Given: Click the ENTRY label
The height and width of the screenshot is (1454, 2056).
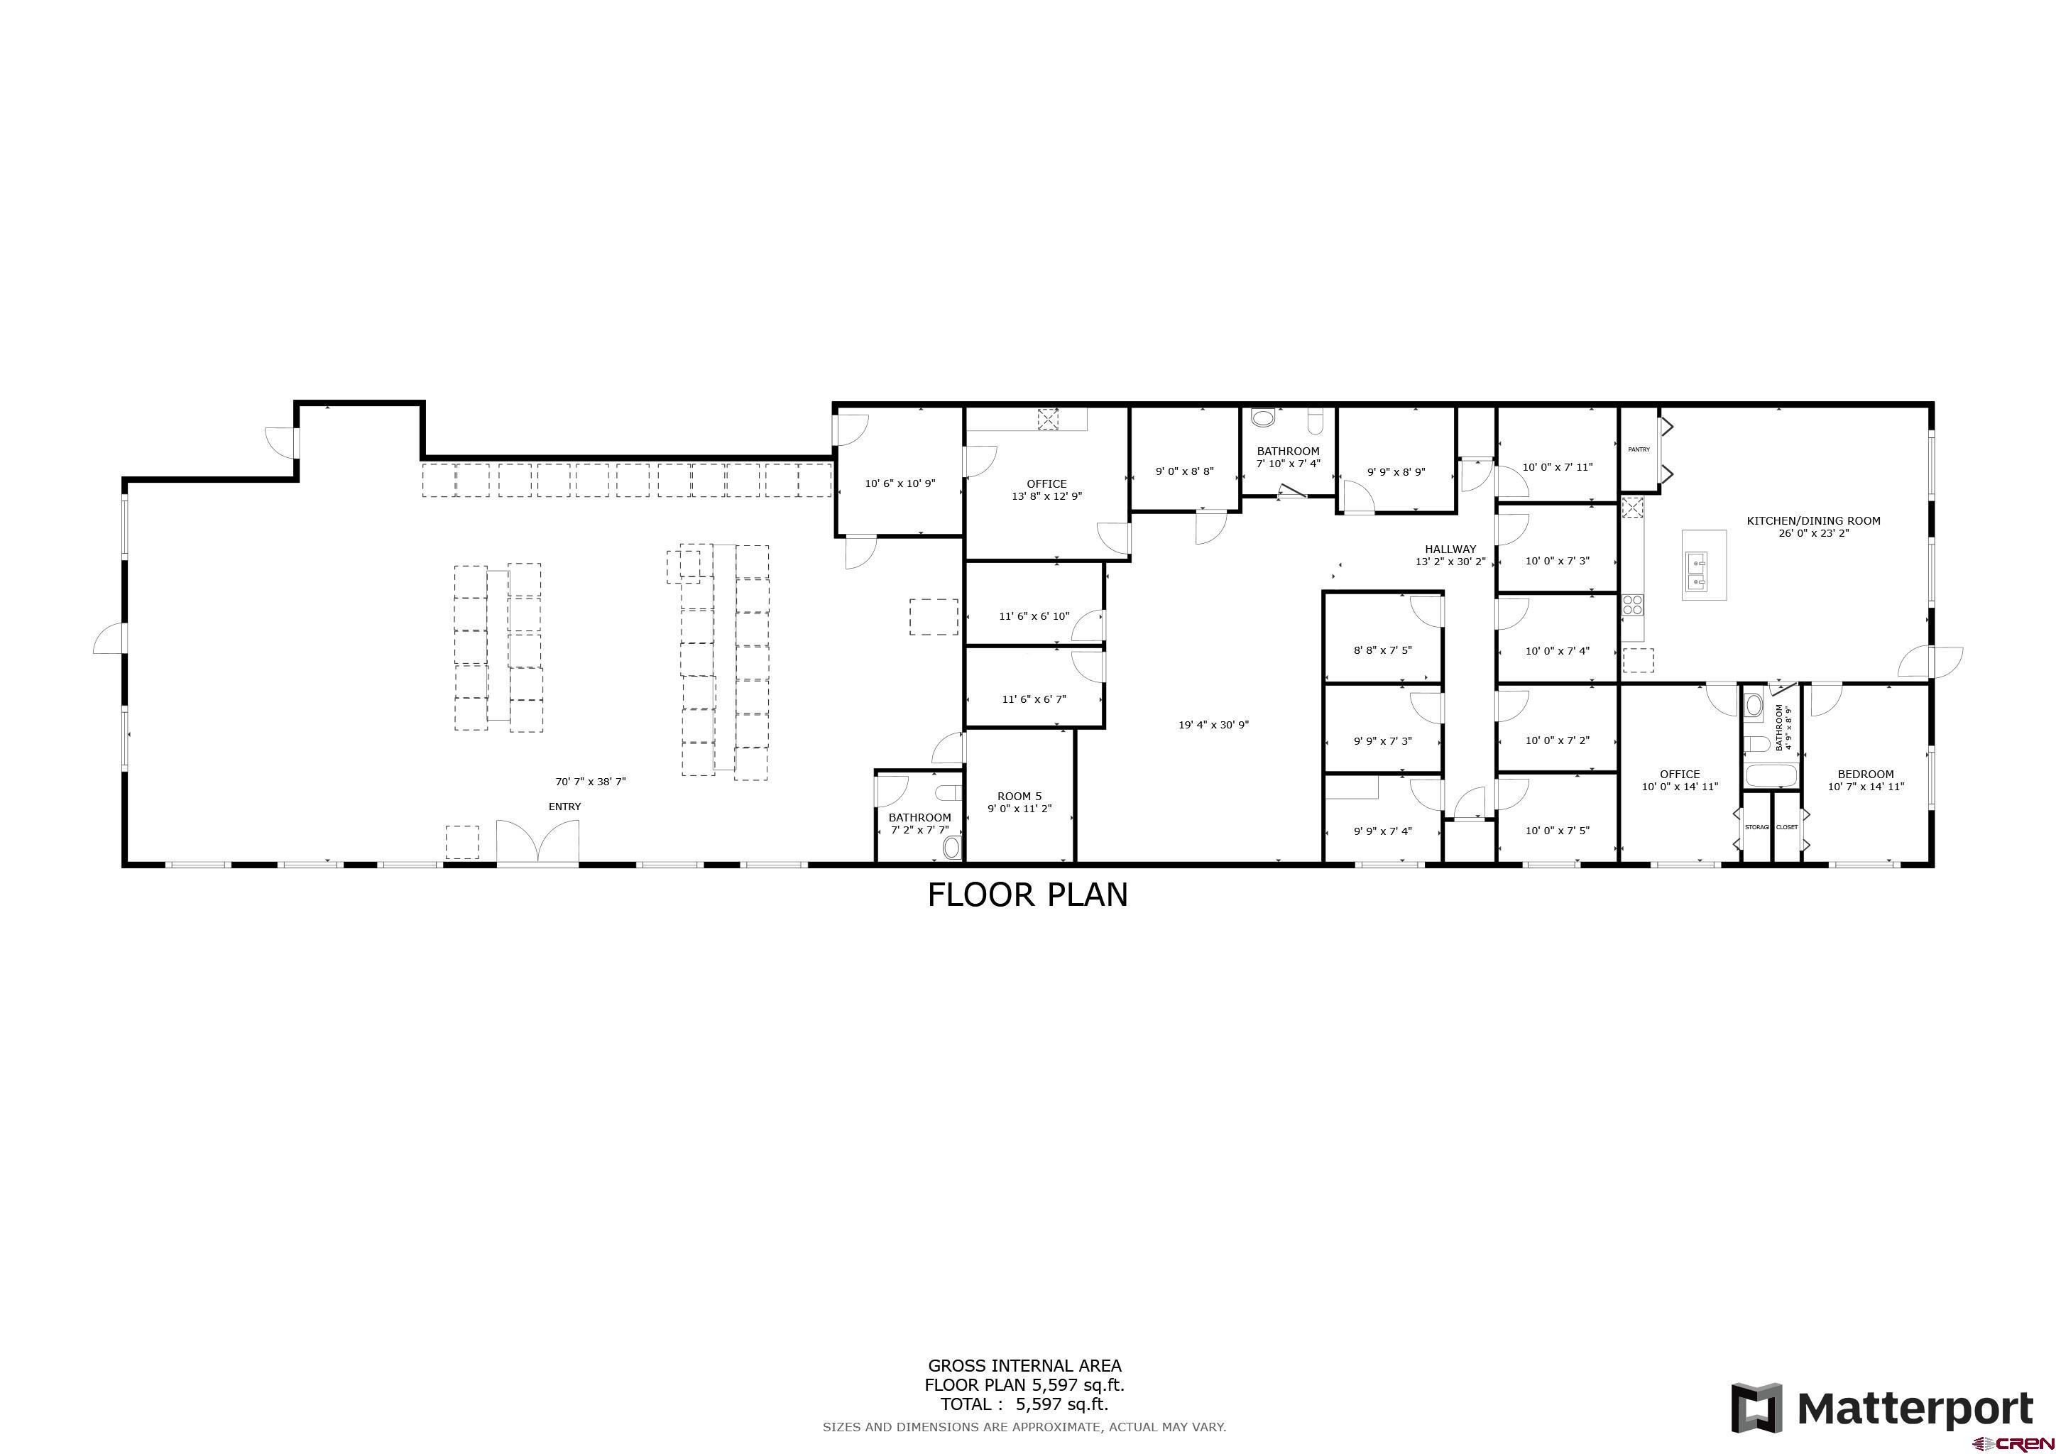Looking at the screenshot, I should click(564, 807).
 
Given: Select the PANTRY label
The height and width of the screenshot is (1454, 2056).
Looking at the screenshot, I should click(1639, 449).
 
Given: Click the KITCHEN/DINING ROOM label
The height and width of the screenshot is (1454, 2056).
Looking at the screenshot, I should click(1813, 520).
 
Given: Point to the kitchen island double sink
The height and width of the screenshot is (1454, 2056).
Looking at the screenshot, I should click(1697, 573).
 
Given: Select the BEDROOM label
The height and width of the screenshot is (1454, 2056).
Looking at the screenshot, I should click(1865, 775).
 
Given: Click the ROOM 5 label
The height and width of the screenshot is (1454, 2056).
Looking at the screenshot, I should click(1019, 796).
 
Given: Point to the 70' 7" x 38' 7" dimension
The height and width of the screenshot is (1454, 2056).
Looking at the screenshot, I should click(590, 782).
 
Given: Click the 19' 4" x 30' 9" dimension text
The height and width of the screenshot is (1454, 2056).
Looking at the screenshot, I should click(1213, 725).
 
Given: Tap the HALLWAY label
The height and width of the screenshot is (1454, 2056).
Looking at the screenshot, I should click(1450, 550).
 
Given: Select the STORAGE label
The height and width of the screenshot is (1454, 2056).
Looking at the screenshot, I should click(1756, 827).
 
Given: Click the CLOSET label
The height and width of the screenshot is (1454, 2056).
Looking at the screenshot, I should click(1786, 827).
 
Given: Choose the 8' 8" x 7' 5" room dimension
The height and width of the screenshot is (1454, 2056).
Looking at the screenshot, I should click(1382, 651).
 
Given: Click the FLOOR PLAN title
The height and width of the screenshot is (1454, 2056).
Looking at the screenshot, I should click(1027, 895).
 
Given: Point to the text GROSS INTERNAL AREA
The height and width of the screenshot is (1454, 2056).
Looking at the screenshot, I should click(1024, 1365).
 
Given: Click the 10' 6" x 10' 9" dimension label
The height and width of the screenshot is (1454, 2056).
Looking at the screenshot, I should click(900, 483).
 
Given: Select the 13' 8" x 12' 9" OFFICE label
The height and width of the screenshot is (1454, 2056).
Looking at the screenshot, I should click(1046, 490).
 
